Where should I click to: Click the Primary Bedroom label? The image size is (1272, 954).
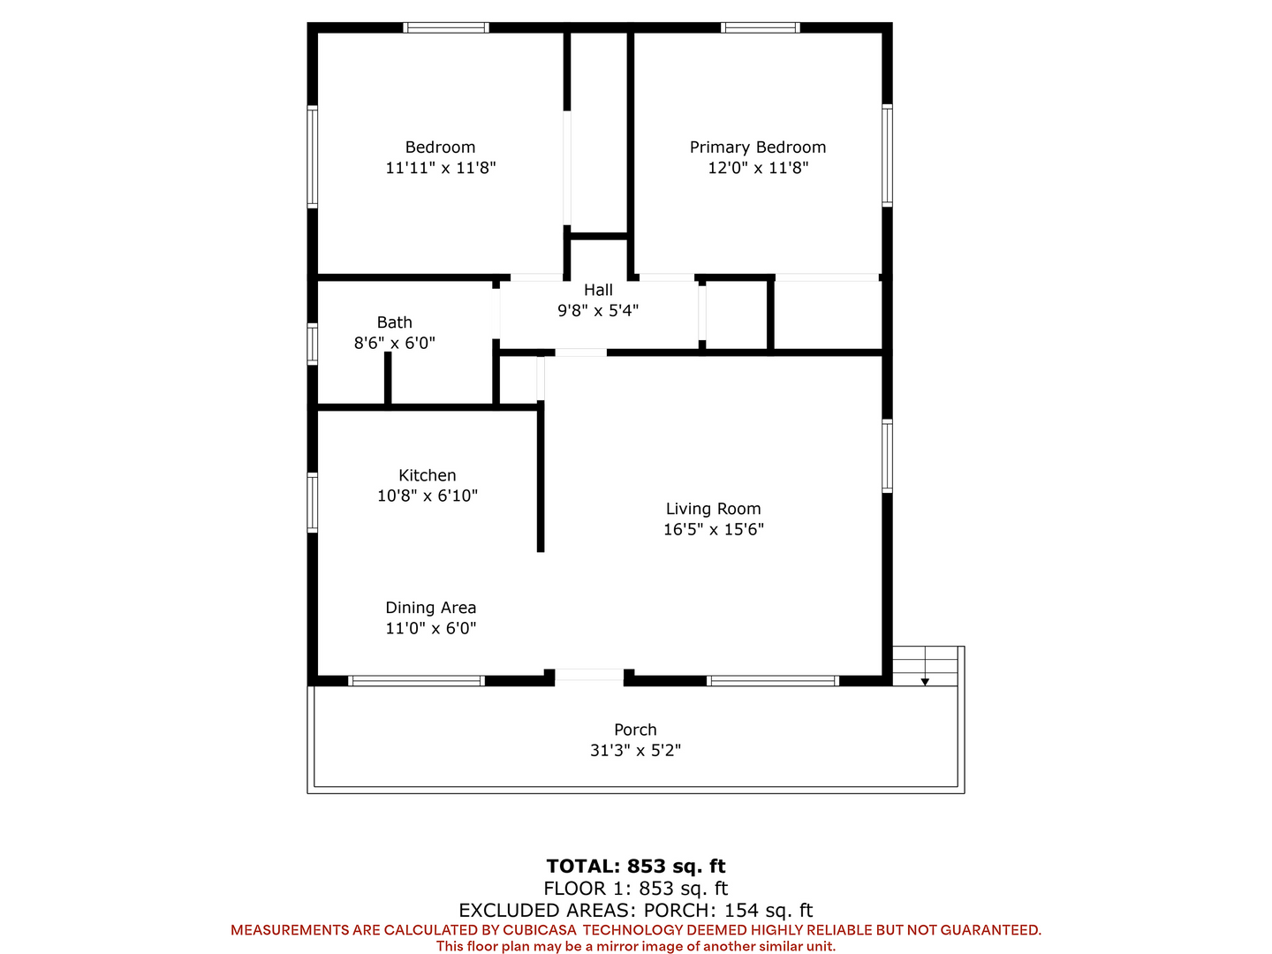click(757, 148)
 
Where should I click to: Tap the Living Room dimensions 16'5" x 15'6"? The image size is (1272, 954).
click(714, 529)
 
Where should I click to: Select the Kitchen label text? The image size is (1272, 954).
click(427, 475)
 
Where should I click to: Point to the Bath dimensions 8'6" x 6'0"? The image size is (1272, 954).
click(394, 343)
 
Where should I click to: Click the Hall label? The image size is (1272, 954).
click(598, 290)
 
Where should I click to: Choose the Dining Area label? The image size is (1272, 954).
click(430, 608)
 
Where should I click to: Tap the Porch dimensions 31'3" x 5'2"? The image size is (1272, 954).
click(635, 751)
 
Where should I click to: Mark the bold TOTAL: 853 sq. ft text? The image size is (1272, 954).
click(636, 867)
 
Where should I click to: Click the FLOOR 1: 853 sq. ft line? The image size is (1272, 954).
click(636, 889)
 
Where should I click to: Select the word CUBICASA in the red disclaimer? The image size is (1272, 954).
click(540, 930)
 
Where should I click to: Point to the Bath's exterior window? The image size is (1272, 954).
click(313, 344)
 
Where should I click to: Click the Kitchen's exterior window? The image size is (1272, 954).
click(313, 503)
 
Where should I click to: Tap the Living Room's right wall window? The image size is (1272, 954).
click(887, 457)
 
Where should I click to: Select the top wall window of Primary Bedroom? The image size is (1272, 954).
click(761, 27)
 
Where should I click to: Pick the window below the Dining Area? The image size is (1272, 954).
click(416, 681)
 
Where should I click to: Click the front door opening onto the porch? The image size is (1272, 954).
click(589, 675)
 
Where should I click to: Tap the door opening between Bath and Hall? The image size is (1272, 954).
click(496, 314)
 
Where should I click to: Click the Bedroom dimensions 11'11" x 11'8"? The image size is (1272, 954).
click(441, 168)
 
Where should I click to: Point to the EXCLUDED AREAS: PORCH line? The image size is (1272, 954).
click(636, 911)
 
